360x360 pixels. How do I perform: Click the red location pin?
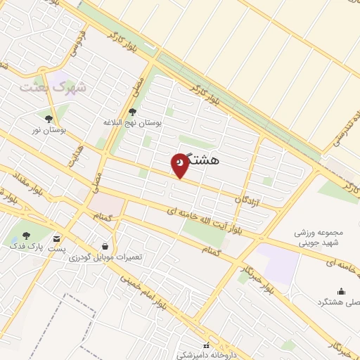tap(180, 164)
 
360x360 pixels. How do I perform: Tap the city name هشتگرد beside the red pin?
tap(205, 160)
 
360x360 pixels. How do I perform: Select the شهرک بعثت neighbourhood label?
tap(51, 88)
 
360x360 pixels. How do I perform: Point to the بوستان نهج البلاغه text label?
tap(133, 122)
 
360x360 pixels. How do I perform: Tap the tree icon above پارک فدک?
tap(26, 236)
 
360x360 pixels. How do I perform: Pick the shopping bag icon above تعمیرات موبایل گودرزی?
tap(105, 246)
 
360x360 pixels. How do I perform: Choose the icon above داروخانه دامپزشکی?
tap(205, 345)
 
